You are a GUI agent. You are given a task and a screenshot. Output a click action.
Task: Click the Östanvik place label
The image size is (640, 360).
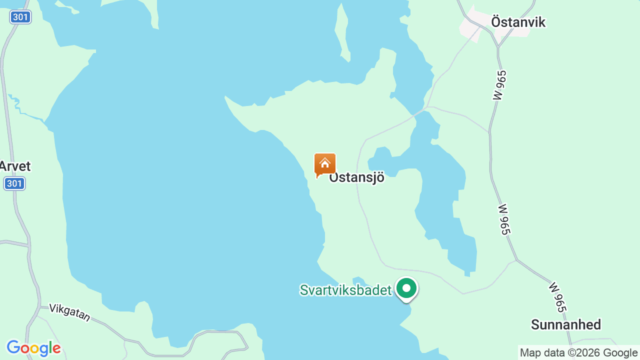click(518, 22)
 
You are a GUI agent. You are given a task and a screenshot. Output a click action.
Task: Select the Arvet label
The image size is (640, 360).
click(15, 166)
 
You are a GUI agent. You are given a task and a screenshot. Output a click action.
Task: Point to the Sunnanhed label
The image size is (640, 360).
click(565, 325)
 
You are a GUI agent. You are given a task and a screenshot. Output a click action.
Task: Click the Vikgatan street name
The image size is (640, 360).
click(70, 313)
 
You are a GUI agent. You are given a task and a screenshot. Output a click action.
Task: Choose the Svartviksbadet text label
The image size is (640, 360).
click(345, 290)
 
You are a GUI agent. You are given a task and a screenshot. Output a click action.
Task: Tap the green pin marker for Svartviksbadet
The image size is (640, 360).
click(406, 288)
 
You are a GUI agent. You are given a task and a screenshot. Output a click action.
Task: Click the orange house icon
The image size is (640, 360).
click(325, 164)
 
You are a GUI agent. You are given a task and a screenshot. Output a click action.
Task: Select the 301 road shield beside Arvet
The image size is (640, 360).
click(14, 183)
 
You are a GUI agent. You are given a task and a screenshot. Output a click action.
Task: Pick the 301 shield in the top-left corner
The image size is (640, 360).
click(20, 17)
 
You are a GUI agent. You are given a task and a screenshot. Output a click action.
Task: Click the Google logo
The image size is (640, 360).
click(33, 348)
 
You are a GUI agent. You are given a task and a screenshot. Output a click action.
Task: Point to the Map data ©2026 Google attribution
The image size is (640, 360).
click(578, 353)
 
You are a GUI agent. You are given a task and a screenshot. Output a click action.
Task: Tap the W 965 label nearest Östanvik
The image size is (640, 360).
click(499, 85)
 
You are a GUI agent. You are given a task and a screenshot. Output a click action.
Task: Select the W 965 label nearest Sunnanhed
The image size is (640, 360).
click(556, 297)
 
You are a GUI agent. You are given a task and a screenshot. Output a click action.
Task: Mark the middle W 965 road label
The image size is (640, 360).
click(504, 219)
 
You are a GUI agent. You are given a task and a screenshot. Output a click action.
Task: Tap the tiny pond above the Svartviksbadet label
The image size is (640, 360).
click(358, 280)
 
